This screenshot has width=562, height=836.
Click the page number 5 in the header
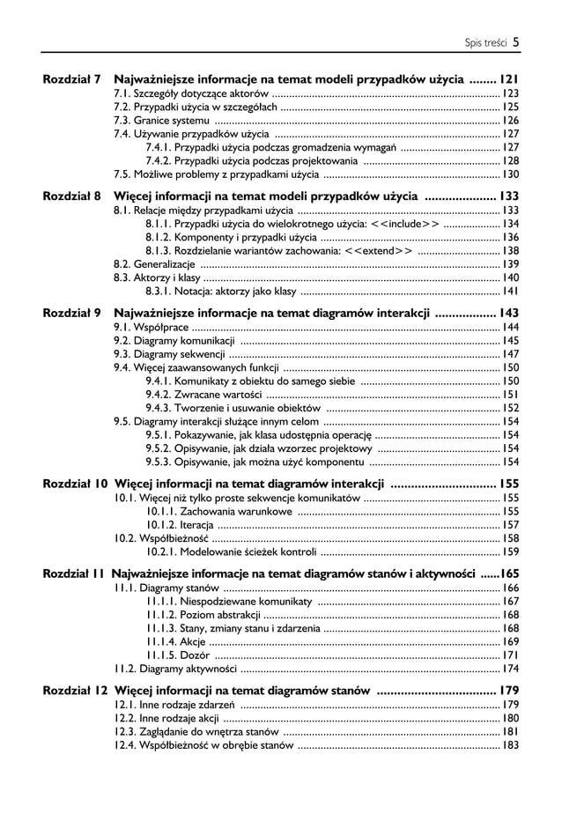(x=515, y=40)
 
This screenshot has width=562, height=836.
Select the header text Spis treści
(x=485, y=41)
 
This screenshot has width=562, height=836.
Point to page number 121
(x=508, y=78)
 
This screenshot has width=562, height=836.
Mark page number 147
(x=510, y=354)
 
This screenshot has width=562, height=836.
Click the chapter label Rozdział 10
(x=76, y=483)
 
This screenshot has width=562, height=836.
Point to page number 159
(x=510, y=552)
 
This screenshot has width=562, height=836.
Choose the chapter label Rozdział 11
(x=75, y=573)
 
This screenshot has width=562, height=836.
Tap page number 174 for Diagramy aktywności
(x=510, y=669)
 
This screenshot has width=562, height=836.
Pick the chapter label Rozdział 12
(x=76, y=690)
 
